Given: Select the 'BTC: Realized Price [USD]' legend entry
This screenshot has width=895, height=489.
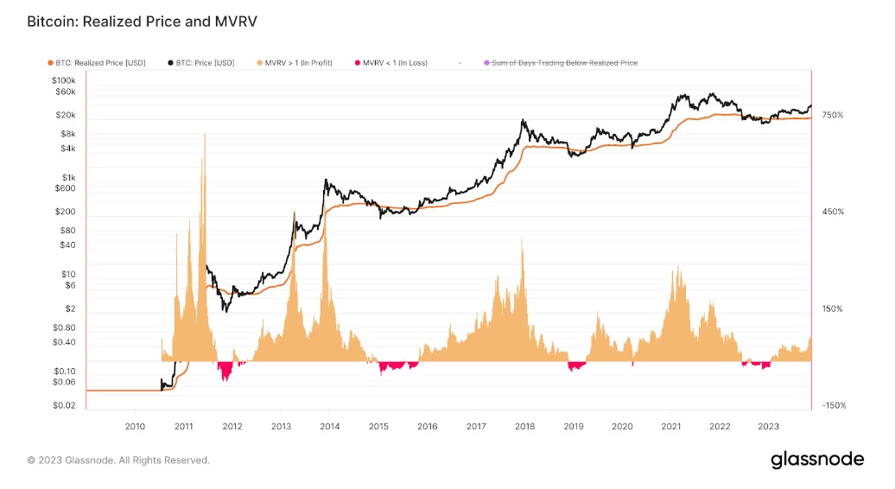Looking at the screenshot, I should (98, 62).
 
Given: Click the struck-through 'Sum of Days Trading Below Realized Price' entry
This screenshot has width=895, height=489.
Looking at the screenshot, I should (563, 62).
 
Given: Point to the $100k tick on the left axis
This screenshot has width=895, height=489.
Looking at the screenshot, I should (64, 79).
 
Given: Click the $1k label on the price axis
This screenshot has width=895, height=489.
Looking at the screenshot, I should (69, 177).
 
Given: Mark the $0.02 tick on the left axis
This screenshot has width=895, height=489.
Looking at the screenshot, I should (64, 405).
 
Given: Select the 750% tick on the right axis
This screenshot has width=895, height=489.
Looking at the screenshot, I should (832, 115).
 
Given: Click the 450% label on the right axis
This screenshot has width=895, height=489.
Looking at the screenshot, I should (832, 212).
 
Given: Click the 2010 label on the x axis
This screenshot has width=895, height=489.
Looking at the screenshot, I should (135, 426).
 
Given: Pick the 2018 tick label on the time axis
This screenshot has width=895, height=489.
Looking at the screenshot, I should (524, 426).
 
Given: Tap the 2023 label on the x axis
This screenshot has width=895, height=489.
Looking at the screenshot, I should (768, 426).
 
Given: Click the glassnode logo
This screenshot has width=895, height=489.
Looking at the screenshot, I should (816, 460).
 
